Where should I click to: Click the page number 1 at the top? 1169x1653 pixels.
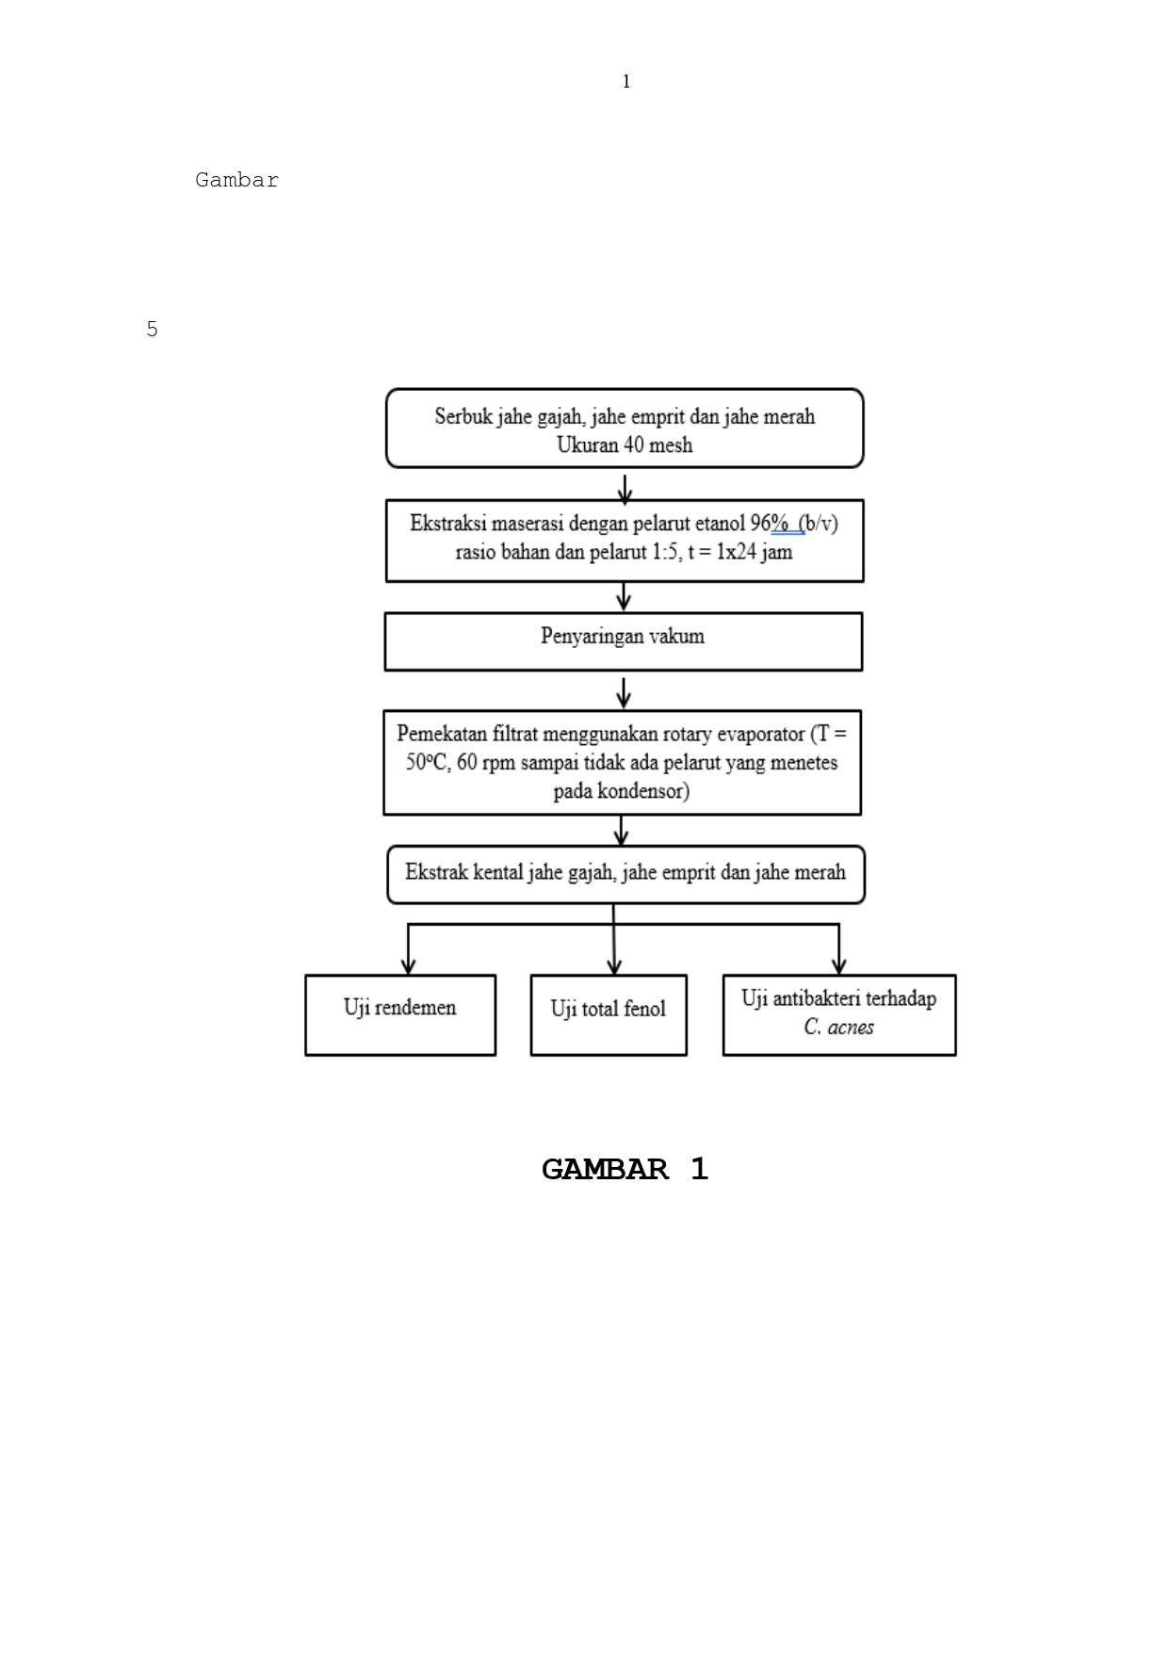[625, 82]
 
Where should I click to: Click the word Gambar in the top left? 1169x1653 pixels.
[236, 180]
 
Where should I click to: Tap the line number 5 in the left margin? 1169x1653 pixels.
[152, 330]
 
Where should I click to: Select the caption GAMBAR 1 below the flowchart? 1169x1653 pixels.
[625, 1169]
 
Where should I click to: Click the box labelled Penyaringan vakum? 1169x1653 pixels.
[623, 641]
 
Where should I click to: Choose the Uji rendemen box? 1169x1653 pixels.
[400, 1014]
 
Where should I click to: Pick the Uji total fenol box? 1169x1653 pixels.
[608, 1014]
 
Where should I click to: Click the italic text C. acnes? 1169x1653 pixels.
[838, 1028]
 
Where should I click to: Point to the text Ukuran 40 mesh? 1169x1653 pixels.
[625, 445]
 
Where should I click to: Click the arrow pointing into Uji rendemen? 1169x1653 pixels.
[408, 961]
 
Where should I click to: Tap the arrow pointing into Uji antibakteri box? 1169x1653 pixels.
[838, 961]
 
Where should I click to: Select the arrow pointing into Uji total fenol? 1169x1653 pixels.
[614, 961]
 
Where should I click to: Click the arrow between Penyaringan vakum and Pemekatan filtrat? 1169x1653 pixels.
[624, 693]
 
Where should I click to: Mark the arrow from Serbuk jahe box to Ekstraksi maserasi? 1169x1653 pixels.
[625, 489]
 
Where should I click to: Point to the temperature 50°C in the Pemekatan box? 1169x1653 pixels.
[428, 762]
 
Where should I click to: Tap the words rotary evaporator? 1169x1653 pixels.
[735, 734]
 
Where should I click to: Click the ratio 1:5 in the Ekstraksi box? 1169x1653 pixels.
[666, 552]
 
